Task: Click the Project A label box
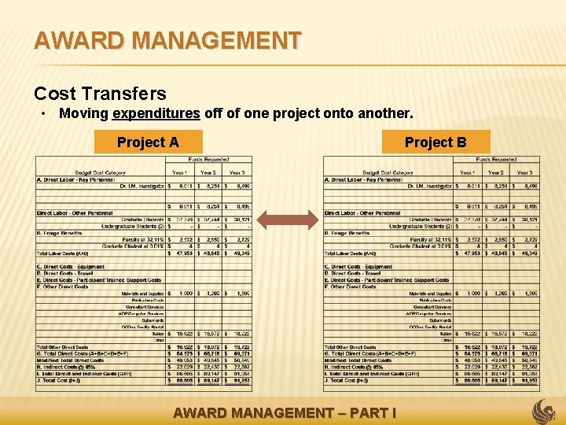click(148, 142)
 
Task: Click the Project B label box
click(436, 142)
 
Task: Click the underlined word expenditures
click(156, 113)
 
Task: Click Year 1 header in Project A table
click(180, 172)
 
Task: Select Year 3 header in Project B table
click(525, 172)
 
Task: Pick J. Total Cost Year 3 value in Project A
click(240, 379)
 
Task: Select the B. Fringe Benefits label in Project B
click(347, 233)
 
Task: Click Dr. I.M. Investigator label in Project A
click(141, 186)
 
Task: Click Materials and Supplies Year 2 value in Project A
click(210, 294)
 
